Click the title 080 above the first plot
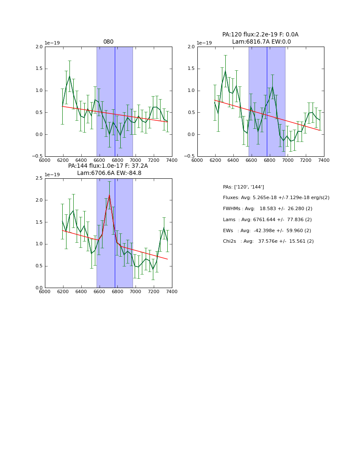[x=108, y=42]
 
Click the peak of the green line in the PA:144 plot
[x=109, y=195]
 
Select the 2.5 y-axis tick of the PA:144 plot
[x=39, y=178]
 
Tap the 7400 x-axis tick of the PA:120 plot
[x=324, y=160]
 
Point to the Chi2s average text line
[x=268, y=241]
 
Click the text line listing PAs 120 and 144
[x=244, y=187]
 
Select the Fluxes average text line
[x=276, y=198]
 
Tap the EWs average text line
[x=267, y=230]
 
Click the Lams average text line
[x=267, y=220]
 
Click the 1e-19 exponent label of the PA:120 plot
[x=204, y=43]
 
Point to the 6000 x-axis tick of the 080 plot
[x=45, y=160]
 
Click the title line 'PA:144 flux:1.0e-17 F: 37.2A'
[x=108, y=166]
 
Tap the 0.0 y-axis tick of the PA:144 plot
[x=39, y=288]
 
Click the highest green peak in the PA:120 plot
[x=225, y=71]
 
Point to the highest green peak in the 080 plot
[x=69, y=76]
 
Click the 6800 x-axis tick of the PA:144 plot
[x=117, y=291]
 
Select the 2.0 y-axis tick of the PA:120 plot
[x=191, y=47]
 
